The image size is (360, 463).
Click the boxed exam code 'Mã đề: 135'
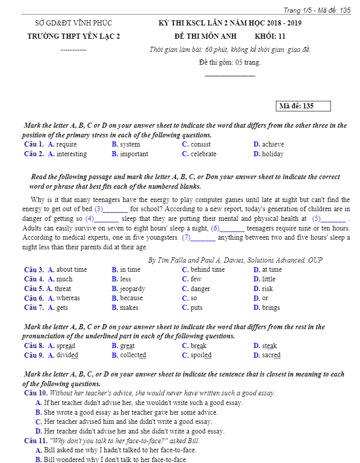pyautogui.click(x=302, y=106)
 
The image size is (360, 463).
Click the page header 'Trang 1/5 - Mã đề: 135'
pyautogui.click(x=317, y=10)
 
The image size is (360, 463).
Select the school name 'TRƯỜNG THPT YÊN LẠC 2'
pyautogui.click(x=73, y=36)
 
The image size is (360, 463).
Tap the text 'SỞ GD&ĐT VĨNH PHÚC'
pyautogui.click(x=73, y=23)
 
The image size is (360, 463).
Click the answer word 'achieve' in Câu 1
pyautogui.click(x=273, y=144)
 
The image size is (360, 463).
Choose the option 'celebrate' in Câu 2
pyautogui.click(x=203, y=154)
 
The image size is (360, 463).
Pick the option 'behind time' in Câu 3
pyautogui.click(x=207, y=270)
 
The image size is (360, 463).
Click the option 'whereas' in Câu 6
pyautogui.click(x=68, y=298)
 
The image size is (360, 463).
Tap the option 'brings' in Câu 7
pyautogui.click(x=271, y=308)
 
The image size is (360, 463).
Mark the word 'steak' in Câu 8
pyautogui.click(x=269, y=346)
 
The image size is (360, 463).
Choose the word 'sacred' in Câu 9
pyautogui.click(x=271, y=356)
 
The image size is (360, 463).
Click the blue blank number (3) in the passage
pyautogui.click(x=99, y=209)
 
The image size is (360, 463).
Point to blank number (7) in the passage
pyautogui.click(x=186, y=238)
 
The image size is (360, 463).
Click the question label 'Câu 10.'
pyautogui.click(x=36, y=393)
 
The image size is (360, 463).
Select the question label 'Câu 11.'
pyautogui.click(x=36, y=441)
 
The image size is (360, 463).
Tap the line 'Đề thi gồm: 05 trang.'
pyautogui.click(x=230, y=63)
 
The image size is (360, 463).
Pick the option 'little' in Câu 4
pyautogui.click(x=268, y=279)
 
